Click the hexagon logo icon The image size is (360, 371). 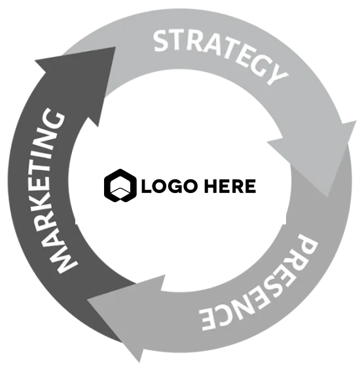tap(120, 186)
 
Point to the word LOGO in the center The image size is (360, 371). tap(169, 186)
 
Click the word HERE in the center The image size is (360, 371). tap(230, 186)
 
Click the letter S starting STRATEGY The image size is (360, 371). tap(162, 41)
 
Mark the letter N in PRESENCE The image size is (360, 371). tap(248, 308)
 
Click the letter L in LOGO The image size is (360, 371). tap(147, 186)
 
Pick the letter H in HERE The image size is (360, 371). tap(211, 186)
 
